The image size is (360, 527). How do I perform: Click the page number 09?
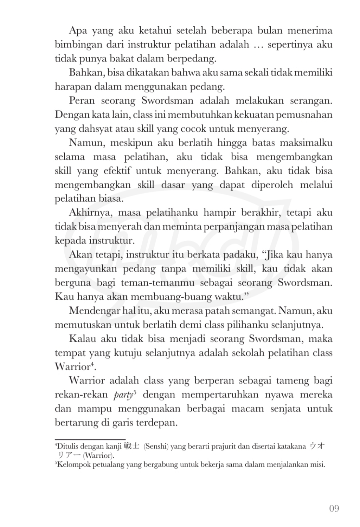coord(334,508)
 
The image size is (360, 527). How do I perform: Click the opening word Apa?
coord(77,31)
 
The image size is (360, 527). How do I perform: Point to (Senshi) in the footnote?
coord(157,447)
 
